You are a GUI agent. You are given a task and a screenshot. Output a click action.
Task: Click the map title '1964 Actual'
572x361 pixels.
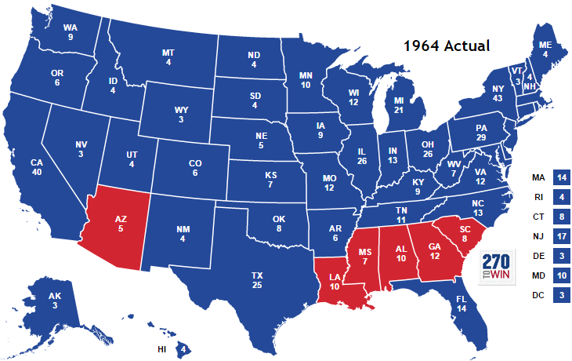coord(447,46)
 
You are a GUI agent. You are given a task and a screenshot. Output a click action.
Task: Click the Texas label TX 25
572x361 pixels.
coord(256,281)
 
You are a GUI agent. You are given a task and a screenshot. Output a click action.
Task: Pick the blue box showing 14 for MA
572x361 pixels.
coord(561,177)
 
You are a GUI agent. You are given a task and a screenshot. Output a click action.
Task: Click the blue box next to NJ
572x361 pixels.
coord(561,236)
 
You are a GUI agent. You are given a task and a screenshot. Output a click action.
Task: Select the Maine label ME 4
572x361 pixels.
coord(545,49)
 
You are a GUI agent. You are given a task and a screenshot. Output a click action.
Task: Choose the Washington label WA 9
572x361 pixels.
coord(70,32)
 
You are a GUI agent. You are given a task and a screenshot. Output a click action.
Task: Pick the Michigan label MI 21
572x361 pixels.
coord(399,106)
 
